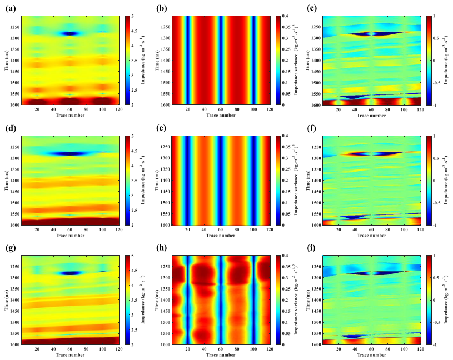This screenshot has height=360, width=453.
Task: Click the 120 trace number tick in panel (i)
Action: tap(420, 349)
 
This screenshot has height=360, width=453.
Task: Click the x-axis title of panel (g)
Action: tap(70, 356)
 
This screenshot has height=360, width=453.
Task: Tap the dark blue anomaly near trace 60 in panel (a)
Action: tap(69, 33)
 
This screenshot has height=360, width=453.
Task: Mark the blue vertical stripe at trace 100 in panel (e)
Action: tap(254, 181)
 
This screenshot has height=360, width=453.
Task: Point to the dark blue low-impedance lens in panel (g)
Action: tap(70, 273)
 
